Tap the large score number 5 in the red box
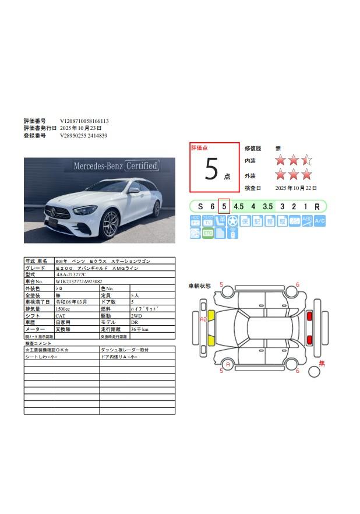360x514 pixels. (x=211, y=169)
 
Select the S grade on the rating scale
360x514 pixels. (x=200, y=206)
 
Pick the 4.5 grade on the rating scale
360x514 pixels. (x=238, y=206)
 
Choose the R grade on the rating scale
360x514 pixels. (x=317, y=206)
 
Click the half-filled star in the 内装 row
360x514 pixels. (x=306, y=160)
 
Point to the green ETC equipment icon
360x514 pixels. (x=207, y=233)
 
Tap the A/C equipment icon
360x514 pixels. (x=320, y=221)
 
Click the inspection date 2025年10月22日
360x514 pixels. (x=298, y=188)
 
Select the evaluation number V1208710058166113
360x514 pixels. (x=84, y=121)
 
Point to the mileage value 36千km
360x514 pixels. (x=140, y=329)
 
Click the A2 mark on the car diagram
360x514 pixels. (x=203, y=319)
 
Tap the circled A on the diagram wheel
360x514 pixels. (x=228, y=365)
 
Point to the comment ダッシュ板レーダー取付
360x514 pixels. (x=125, y=350)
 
